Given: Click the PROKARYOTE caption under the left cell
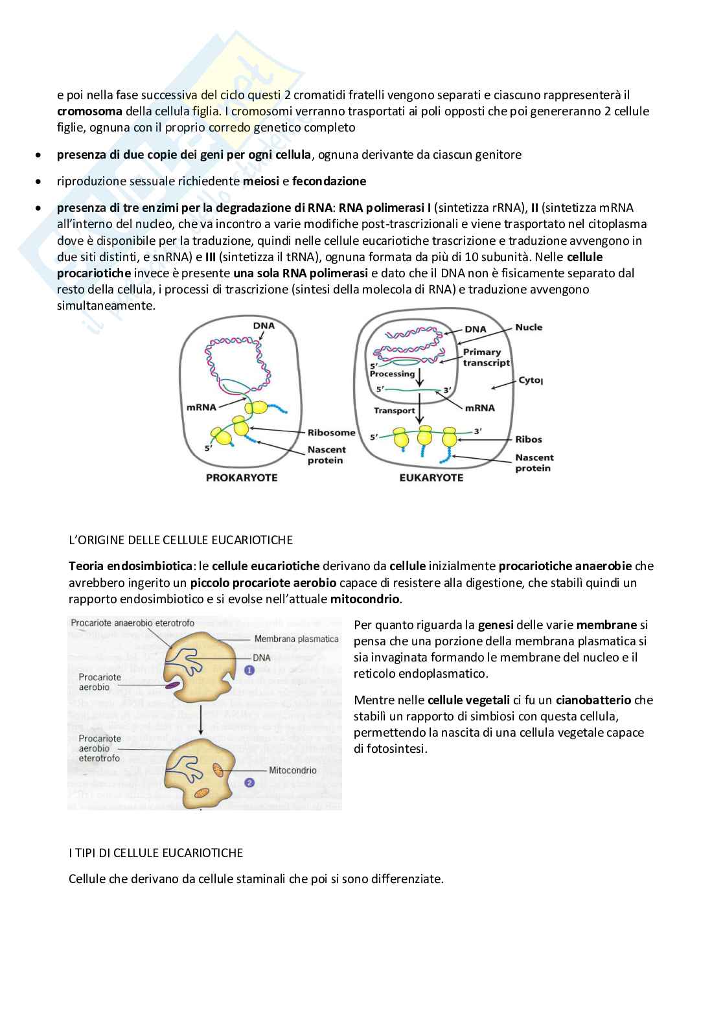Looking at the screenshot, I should tap(241, 477).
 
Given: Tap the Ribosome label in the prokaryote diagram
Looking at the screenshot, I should tap(331, 432).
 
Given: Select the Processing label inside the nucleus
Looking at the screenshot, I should tap(392, 374).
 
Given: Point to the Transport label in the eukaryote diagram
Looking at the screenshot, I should tap(394, 410).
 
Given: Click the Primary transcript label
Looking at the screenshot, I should tap(486, 357).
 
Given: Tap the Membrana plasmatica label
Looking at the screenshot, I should tap(296, 639).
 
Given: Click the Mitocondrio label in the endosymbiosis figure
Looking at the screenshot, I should tap(293, 770).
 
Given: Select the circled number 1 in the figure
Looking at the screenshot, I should tap(249, 671).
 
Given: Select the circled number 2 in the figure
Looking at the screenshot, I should tap(249, 783).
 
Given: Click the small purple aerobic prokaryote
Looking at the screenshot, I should tap(172, 684).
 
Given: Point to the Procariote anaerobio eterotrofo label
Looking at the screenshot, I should tap(132, 623).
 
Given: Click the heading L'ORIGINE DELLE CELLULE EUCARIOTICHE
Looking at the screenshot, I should tap(181, 540).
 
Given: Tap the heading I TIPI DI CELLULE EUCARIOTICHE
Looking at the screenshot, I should tap(155, 853).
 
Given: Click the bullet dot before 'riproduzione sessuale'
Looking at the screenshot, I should tap(40, 182).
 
